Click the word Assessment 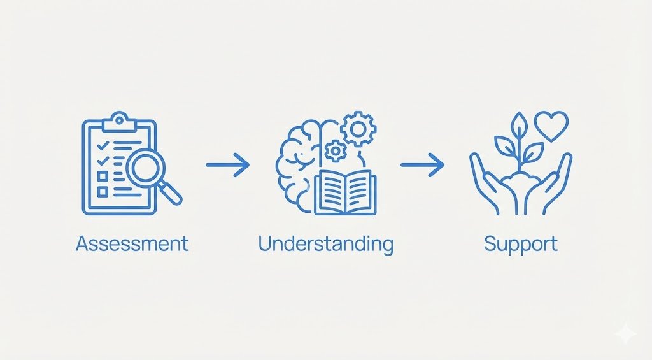[x=132, y=243]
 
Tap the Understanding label [x=325, y=243]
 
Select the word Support [x=520, y=243]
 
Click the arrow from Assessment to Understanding [x=227, y=166]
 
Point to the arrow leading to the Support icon [x=422, y=166]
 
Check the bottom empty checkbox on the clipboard [x=101, y=190]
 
